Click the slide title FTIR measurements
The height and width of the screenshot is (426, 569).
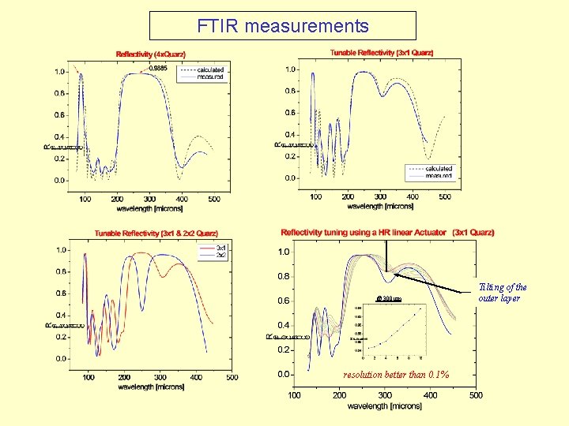point(284,26)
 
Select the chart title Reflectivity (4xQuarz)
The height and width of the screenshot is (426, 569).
point(151,54)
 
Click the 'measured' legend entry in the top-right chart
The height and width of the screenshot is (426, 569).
point(439,176)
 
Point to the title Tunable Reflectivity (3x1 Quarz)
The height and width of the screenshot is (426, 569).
point(382,53)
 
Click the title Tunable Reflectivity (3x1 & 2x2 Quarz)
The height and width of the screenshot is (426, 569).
point(156,234)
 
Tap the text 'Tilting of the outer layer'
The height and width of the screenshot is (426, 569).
point(503,293)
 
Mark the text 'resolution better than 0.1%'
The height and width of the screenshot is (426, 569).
point(396,375)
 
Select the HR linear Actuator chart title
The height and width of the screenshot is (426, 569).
point(387,233)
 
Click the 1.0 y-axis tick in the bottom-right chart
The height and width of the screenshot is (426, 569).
point(282,252)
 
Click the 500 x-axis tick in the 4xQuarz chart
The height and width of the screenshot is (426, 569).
point(215,199)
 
